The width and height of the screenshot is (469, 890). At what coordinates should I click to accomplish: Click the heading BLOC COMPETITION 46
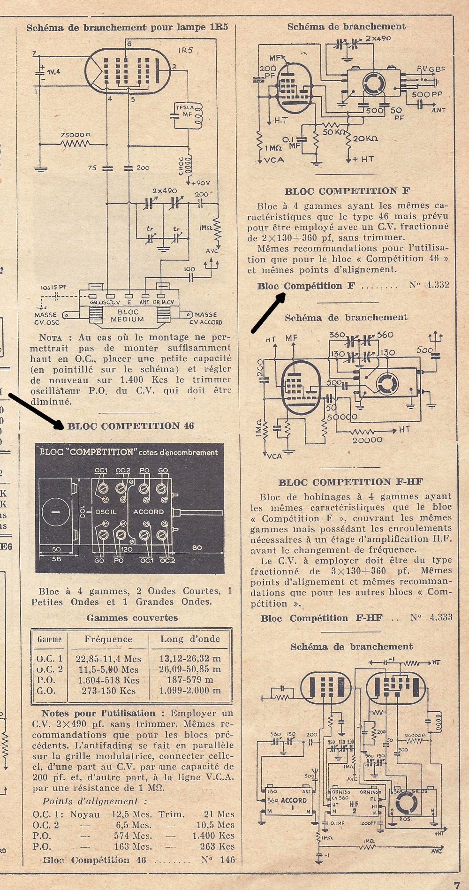pos(130,426)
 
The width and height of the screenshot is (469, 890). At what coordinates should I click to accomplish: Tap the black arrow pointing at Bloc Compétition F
pos(269,313)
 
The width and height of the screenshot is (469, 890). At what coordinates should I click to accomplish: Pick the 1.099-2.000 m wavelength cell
pos(189,691)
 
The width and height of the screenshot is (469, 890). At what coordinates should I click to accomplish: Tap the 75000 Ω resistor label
pos(76,134)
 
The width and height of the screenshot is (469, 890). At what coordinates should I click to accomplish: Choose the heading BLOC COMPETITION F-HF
pos(351,482)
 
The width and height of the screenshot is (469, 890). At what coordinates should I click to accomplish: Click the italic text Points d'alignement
pos(90,801)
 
